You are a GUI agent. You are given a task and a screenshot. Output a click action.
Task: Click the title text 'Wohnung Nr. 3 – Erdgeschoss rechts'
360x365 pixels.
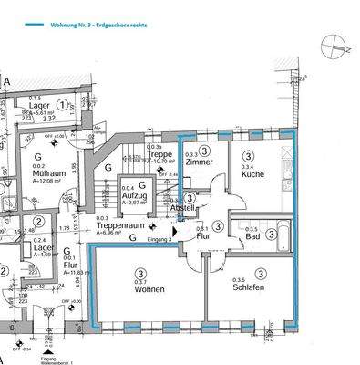click(95, 26)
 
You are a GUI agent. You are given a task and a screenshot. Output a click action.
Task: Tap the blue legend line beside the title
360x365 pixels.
click(39, 26)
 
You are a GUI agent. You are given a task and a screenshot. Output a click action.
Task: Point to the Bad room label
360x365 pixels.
click(254, 237)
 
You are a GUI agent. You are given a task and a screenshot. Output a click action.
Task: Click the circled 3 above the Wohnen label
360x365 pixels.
click(140, 273)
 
